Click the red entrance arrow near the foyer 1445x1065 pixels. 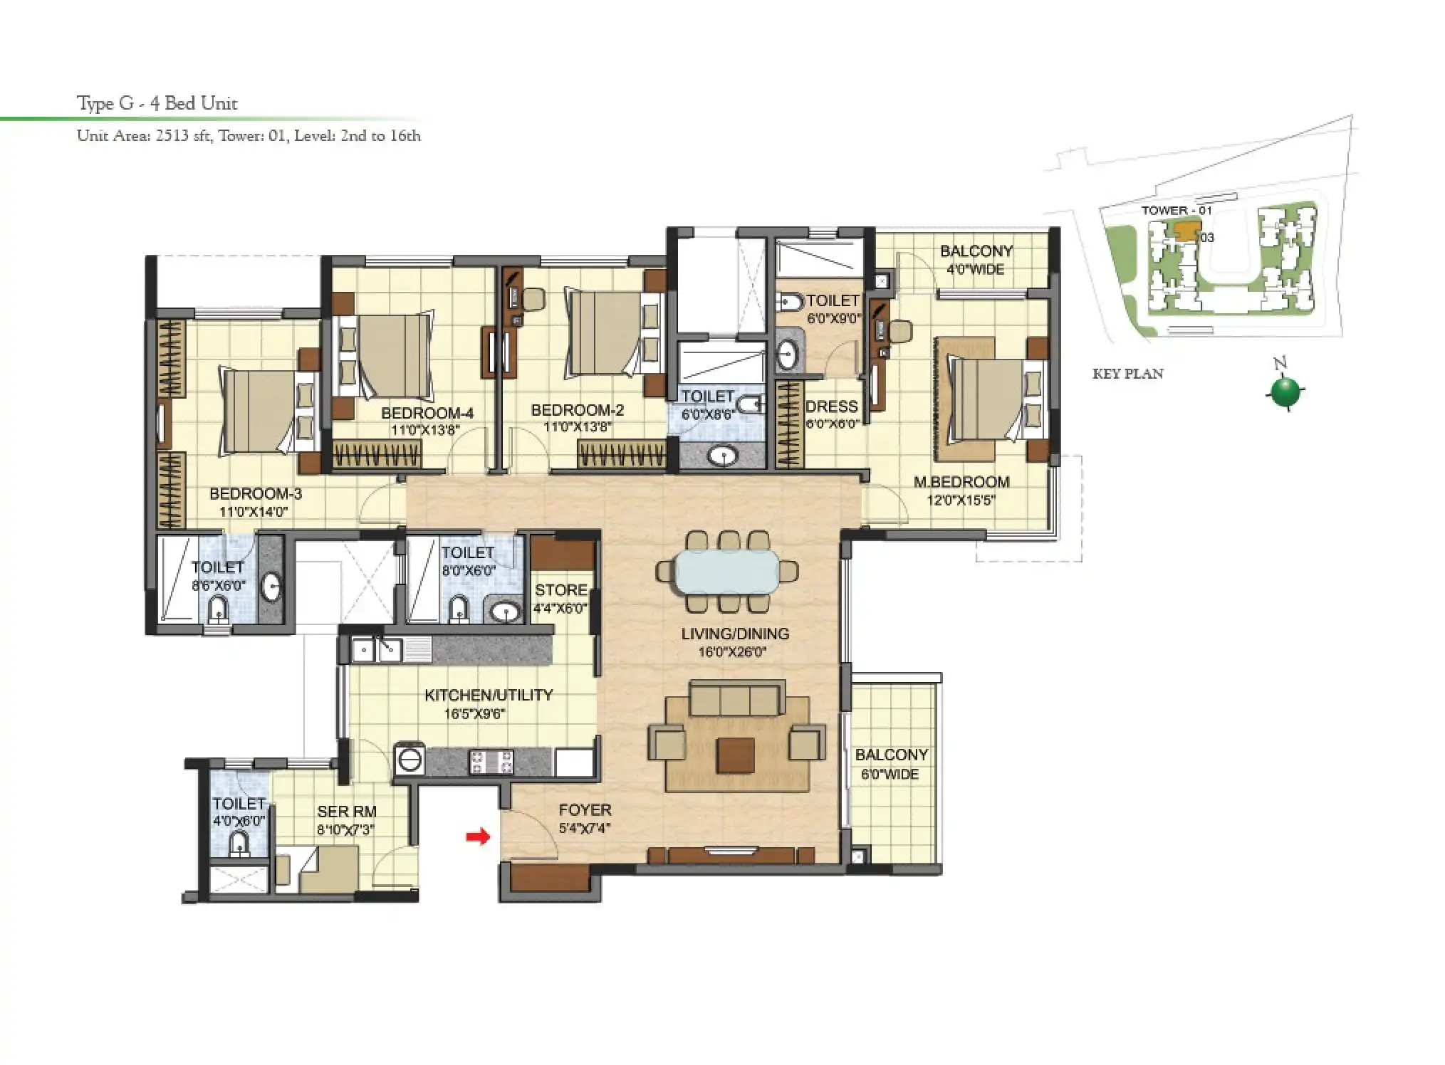(478, 836)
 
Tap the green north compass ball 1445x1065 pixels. (1285, 392)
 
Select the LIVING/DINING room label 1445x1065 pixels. (734, 634)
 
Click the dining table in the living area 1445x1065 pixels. (727, 571)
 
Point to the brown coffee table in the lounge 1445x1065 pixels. (736, 755)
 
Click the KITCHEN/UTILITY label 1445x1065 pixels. (489, 695)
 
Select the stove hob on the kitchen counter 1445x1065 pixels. (491, 762)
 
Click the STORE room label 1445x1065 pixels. (561, 590)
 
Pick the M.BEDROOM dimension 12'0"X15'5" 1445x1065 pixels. (961, 500)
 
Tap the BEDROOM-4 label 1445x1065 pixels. (427, 413)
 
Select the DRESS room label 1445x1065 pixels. (831, 406)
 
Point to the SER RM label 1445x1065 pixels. (347, 811)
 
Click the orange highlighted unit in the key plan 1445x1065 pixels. (1186, 231)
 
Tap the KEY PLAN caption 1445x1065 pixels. (1127, 374)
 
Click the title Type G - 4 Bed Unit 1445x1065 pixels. (157, 103)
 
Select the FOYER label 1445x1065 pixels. (585, 810)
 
